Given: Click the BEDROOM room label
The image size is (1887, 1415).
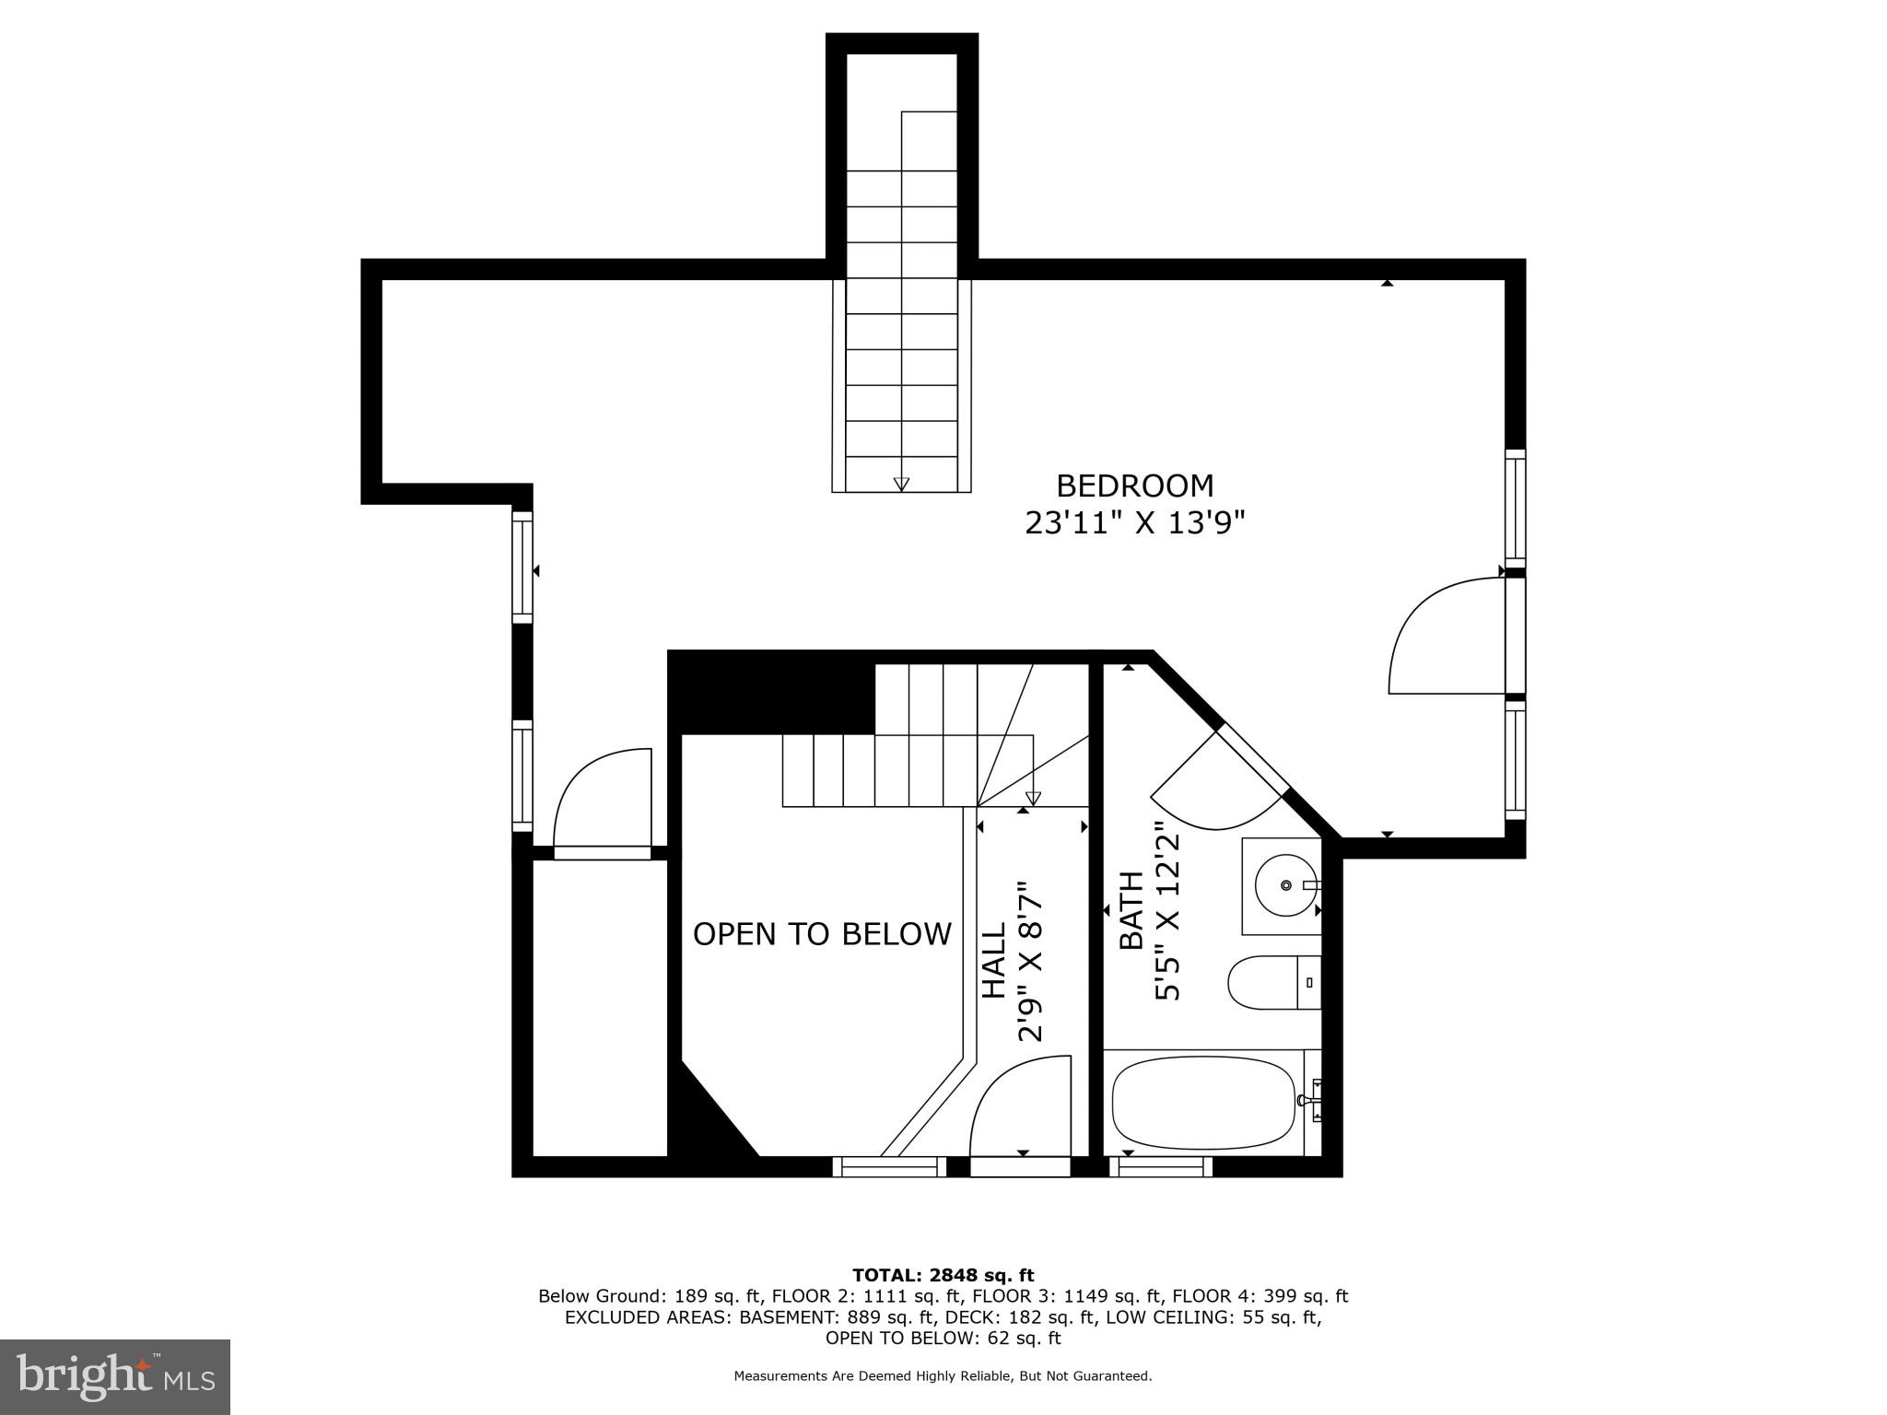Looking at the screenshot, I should [x=1134, y=485].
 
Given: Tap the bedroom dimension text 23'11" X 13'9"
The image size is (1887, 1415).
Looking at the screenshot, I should [x=1134, y=523].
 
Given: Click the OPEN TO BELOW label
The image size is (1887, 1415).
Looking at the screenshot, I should [x=822, y=934].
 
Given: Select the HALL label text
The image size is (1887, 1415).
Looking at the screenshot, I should [x=994, y=962].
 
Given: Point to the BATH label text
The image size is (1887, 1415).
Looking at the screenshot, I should [x=1131, y=910].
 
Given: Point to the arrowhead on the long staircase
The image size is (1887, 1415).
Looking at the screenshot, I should [x=901, y=484].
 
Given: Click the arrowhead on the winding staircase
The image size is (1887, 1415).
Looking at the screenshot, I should [x=1033, y=798].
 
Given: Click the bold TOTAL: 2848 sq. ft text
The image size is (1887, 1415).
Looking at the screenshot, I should [x=943, y=1275].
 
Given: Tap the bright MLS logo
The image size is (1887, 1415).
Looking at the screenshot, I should [x=115, y=1377].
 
